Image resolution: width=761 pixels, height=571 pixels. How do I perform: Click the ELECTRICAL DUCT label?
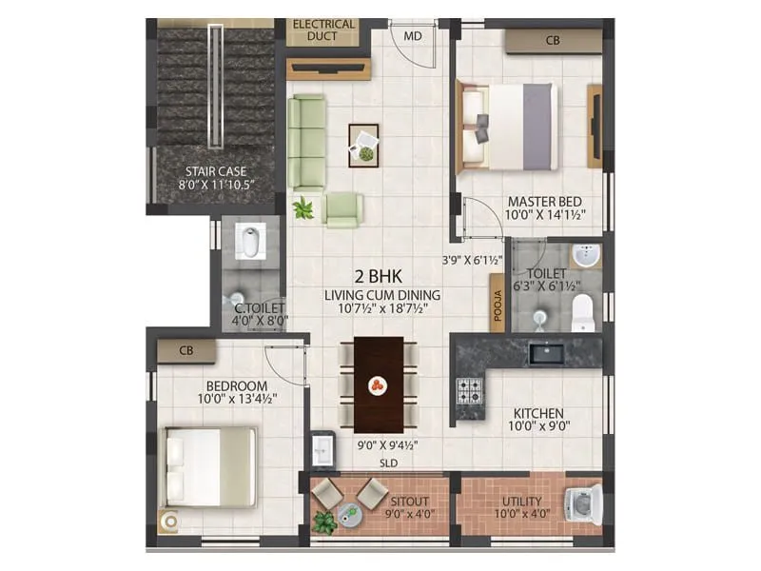[x=323, y=30]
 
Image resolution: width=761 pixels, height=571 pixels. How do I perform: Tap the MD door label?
[x=413, y=36]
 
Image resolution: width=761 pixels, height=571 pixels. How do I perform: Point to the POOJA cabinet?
[x=497, y=303]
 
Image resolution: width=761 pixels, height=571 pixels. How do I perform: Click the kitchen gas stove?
[x=470, y=390]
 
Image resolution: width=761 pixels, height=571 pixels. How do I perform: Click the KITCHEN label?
[x=539, y=414]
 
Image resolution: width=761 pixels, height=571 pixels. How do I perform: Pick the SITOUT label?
[x=408, y=502]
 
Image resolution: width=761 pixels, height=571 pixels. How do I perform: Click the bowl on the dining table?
[x=379, y=385]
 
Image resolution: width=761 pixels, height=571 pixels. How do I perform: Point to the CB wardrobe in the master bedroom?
[x=552, y=41]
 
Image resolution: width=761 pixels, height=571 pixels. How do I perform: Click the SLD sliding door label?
[x=388, y=463]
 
